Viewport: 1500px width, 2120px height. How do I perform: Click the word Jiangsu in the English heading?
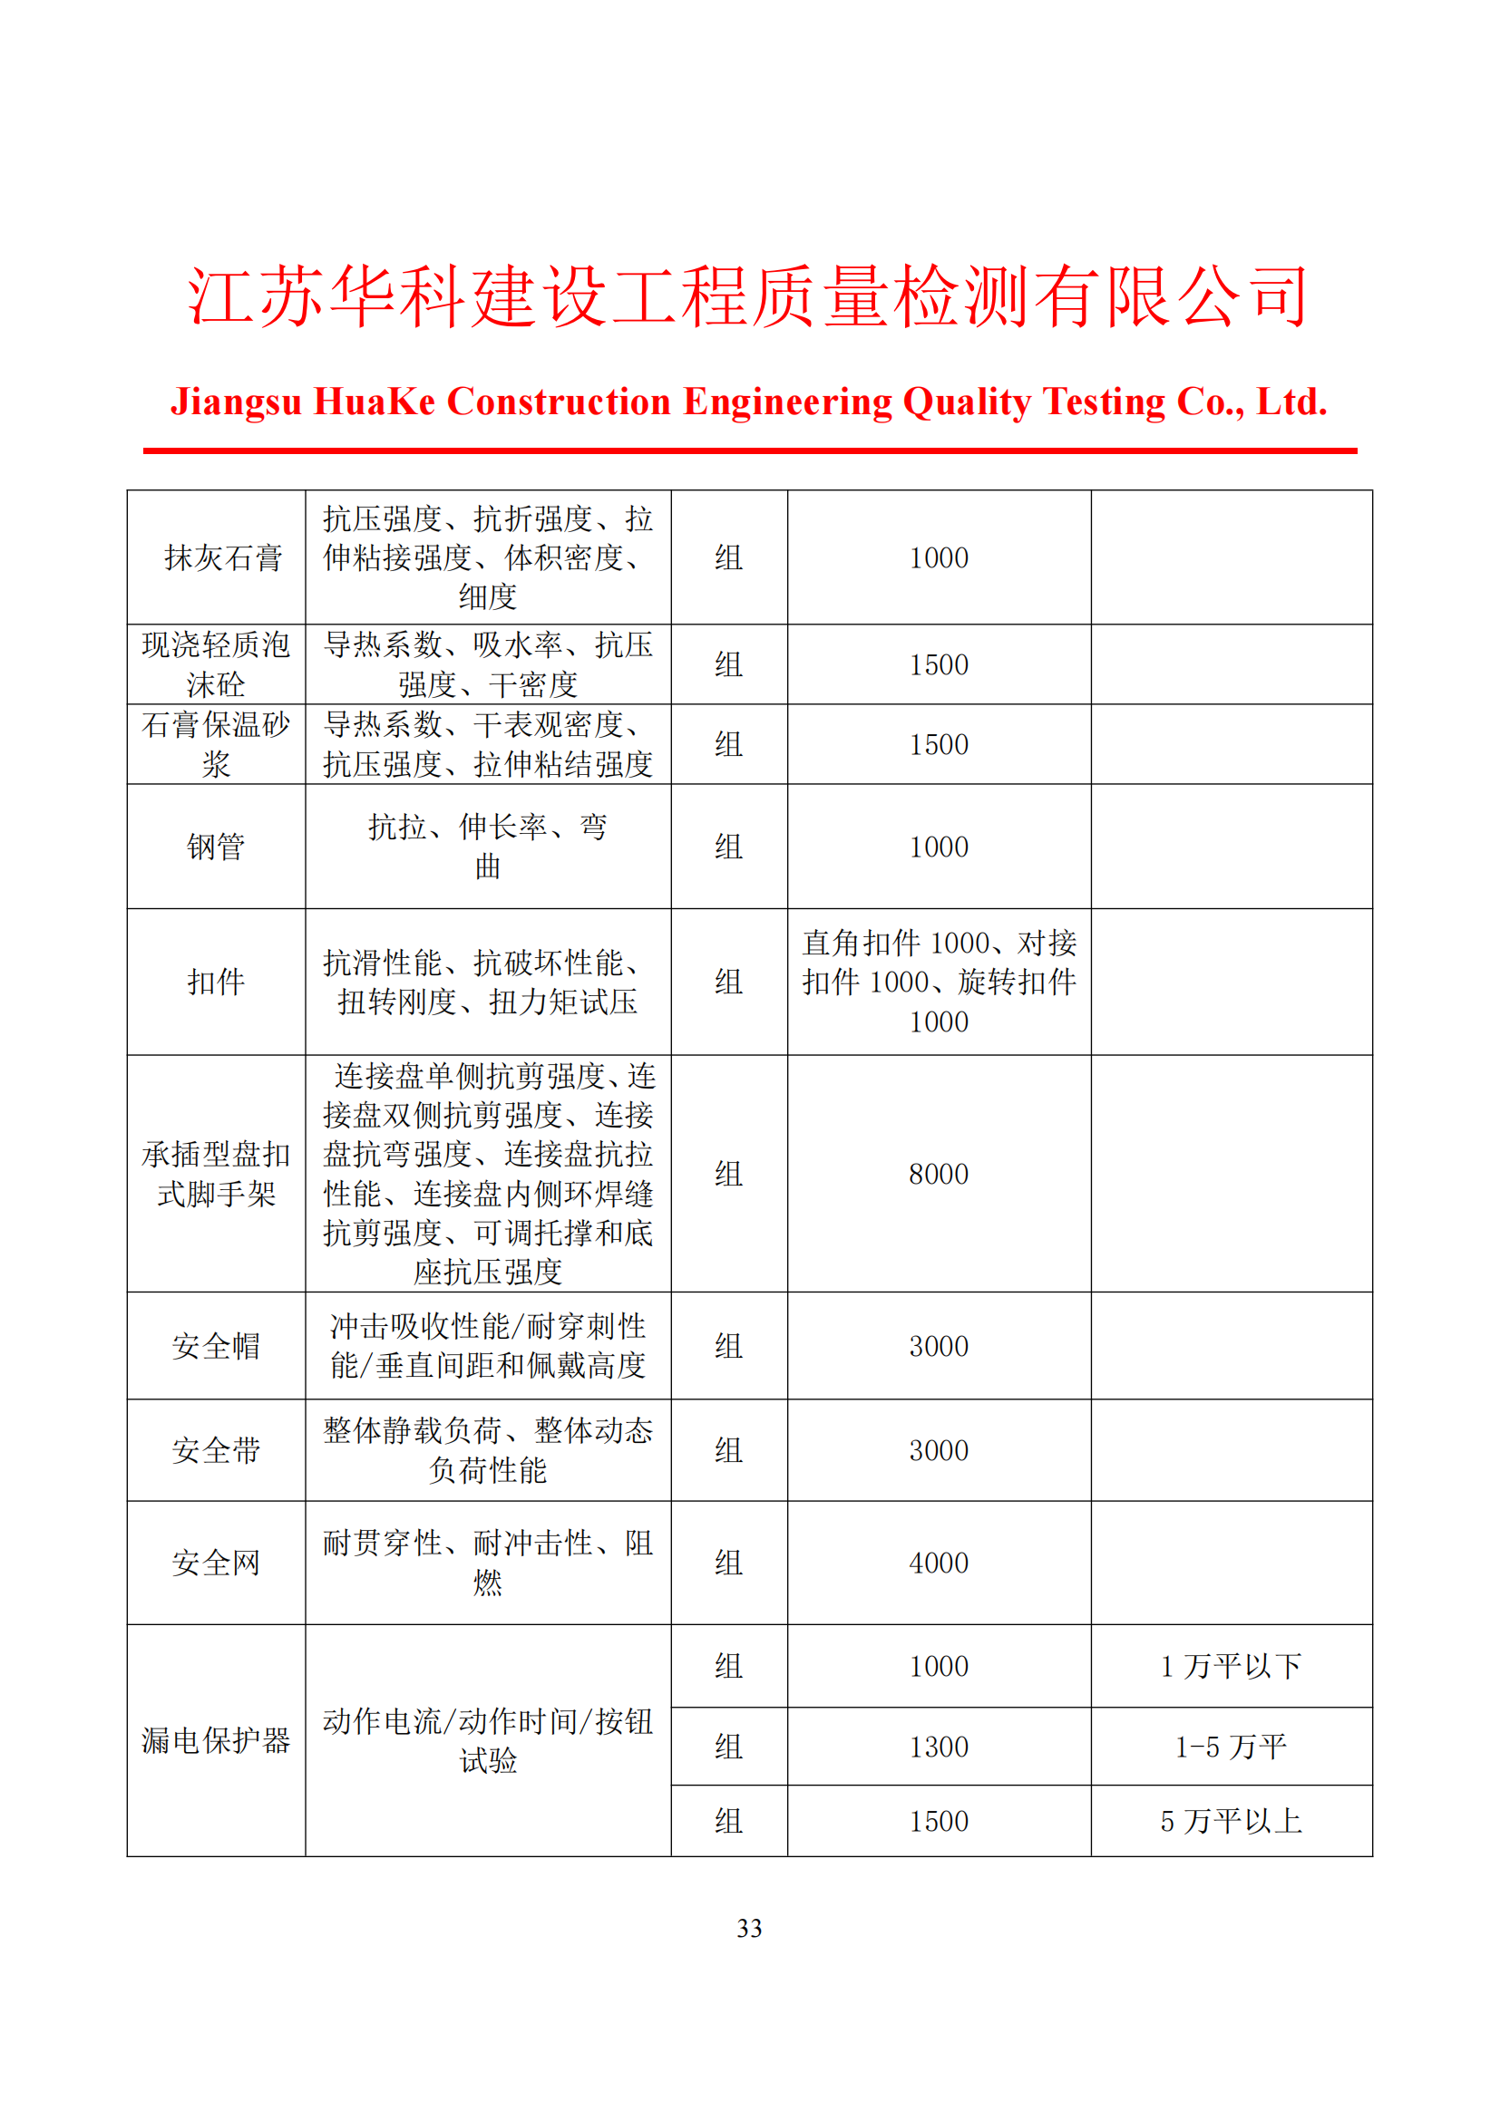(x=236, y=402)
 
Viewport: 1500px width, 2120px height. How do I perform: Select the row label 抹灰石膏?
(x=222, y=557)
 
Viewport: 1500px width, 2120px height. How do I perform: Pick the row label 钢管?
(x=216, y=847)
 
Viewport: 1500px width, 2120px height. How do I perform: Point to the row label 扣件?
(x=216, y=982)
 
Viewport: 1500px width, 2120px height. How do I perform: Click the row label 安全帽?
(x=216, y=1345)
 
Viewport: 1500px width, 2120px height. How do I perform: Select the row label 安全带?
(x=216, y=1449)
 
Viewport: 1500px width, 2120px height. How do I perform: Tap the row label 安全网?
(x=216, y=1563)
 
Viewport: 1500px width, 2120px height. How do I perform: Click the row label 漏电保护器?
(x=216, y=1739)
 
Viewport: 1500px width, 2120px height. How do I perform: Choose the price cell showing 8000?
(x=939, y=1174)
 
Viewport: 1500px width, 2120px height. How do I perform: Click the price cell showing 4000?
(x=939, y=1563)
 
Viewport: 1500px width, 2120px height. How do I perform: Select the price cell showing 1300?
(x=939, y=1746)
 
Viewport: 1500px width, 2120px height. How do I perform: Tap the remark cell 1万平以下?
(x=1231, y=1666)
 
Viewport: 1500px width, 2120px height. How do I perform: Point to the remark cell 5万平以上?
(x=1231, y=1821)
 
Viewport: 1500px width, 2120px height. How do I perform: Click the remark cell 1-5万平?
(x=1231, y=1746)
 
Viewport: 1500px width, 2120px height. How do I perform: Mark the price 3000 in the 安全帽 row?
(x=939, y=1345)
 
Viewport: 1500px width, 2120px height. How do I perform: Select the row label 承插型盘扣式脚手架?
(x=216, y=1174)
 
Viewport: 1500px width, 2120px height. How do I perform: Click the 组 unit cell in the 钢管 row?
(x=728, y=847)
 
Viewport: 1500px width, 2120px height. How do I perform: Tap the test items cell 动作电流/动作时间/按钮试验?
(x=488, y=1739)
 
